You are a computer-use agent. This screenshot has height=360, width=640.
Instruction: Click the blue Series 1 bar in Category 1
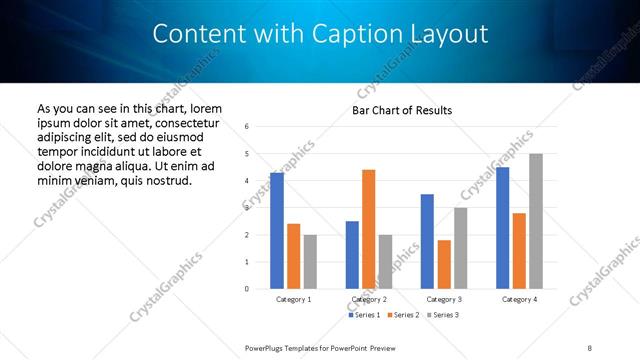click(x=277, y=231)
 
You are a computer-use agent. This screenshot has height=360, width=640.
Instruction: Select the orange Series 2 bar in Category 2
click(x=369, y=229)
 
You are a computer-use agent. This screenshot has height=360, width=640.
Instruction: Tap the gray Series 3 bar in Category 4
click(x=536, y=221)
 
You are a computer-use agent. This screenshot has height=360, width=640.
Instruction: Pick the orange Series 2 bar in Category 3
click(x=444, y=264)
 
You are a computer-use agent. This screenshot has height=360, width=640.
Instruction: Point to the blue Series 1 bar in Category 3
click(x=427, y=241)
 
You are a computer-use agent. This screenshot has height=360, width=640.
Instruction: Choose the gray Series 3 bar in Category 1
click(x=310, y=262)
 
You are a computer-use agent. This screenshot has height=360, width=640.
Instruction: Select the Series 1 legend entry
click(x=362, y=315)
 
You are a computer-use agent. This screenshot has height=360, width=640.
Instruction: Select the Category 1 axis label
click(x=294, y=299)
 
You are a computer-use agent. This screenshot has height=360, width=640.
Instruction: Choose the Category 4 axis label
click(x=520, y=299)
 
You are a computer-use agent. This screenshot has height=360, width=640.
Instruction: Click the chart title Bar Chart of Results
click(x=402, y=110)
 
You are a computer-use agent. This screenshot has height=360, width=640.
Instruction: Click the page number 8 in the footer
click(x=589, y=348)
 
